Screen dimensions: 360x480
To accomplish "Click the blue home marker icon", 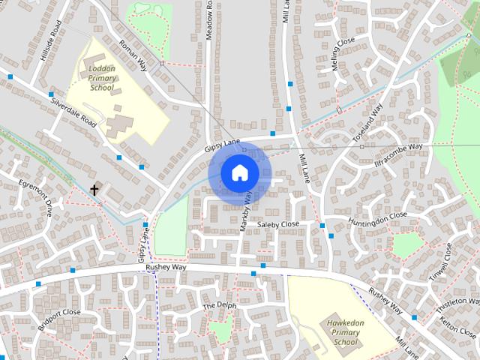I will (239, 173).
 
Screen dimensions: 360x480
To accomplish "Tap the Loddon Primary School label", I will (102, 77).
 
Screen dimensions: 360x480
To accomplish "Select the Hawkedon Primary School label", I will (346, 332).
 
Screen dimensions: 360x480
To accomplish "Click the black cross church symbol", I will (94, 190).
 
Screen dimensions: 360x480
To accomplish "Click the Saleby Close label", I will (278, 224).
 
